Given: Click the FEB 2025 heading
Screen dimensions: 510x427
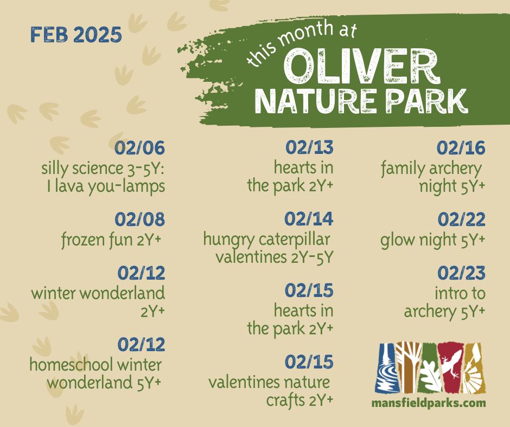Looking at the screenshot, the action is pyautogui.click(x=76, y=35).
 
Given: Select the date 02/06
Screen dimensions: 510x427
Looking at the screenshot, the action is pyautogui.click(x=140, y=148).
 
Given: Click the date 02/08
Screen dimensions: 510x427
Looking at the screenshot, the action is pyautogui.click(x=140, y=219).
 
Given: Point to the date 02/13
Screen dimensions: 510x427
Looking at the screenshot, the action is pyautogui.click(x=310, y=147).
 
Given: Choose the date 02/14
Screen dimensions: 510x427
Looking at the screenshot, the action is pyautogui.click(x=309, y=218).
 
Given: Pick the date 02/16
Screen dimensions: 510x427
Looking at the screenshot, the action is pyautogui.click(x=461, y=148).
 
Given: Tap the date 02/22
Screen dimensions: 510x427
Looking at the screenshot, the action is pyautogui.click(x=462, y=219).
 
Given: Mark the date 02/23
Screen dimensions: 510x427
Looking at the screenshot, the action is pyautogui.click(x=462, y=273).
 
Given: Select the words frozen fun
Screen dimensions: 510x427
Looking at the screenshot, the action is pyautogui.click(x=97, y=241).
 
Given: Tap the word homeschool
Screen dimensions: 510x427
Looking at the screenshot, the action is pyautogui.click(x=72, y=365).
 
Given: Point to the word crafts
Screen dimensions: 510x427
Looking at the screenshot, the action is pyautogui.click(x=285, y=400).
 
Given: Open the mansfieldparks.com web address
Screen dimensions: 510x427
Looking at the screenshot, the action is pyautogui.click(x=429, y=403).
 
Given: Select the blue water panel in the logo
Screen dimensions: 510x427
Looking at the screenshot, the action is pyautogui.click(x=386, y=367).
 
